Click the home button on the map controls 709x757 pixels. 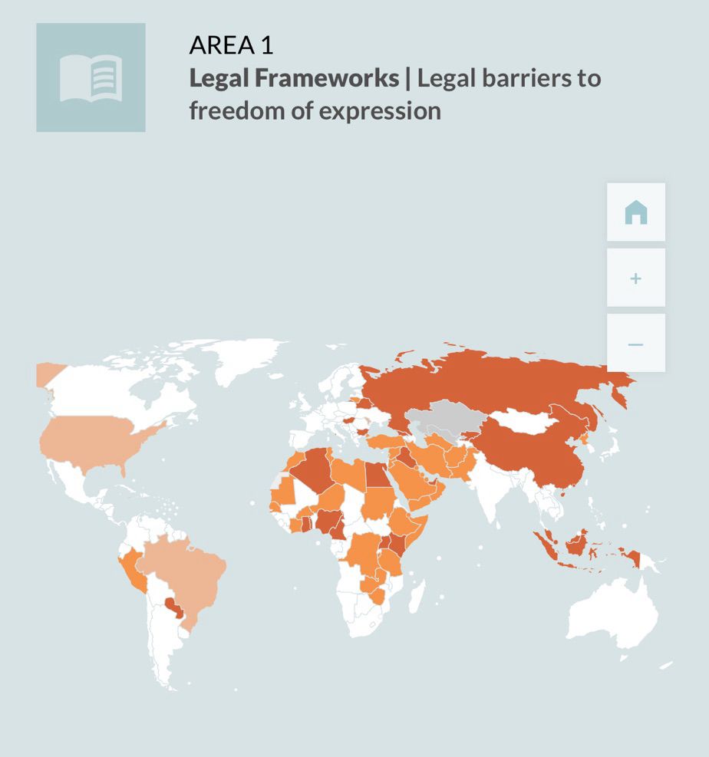point(635,212)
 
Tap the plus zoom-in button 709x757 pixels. point(635,278)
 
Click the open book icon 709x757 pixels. point(91,77)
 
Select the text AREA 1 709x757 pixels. point(231,45)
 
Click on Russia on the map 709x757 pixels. point(491,383)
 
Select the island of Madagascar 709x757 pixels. point(417,594)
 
